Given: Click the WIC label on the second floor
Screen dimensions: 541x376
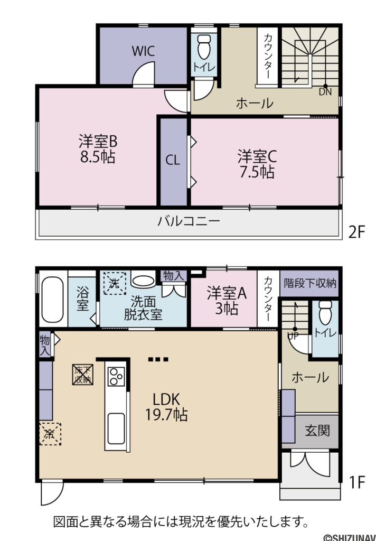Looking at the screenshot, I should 143,51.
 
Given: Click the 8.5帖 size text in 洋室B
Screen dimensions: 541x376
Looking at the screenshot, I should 98,157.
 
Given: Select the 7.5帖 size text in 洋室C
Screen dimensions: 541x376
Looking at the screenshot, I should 256,172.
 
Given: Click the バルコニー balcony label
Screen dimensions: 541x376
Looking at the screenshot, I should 189,221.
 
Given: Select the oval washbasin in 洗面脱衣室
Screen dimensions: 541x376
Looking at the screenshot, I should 143,281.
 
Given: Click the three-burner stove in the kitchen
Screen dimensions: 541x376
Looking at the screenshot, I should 116,377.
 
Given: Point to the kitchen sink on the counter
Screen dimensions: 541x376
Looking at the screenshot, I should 116,427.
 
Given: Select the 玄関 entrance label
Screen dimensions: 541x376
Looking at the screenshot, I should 317,431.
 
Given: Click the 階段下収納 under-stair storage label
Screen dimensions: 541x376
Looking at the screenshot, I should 309,283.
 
